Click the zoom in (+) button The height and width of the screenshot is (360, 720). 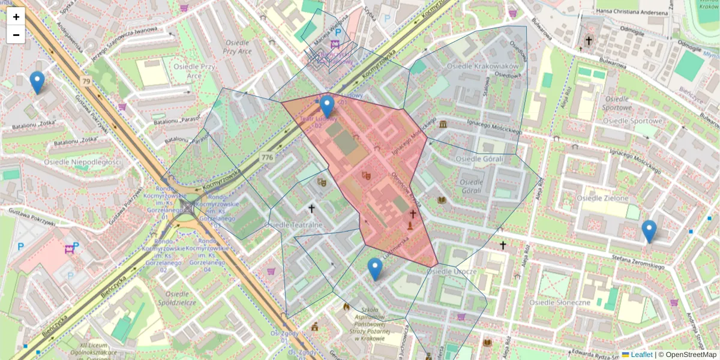[16, 17]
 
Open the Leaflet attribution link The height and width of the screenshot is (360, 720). [640, 355]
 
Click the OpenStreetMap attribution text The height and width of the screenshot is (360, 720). [691, 355]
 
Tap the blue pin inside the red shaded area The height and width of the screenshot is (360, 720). [327, 106]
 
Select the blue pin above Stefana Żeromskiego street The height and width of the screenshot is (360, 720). [649, 231]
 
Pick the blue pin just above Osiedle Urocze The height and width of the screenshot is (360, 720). [375, 269]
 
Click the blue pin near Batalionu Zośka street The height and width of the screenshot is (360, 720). [37, 82]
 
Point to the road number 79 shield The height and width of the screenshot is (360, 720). [86, 82]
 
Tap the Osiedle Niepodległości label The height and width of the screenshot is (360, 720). [82, 162]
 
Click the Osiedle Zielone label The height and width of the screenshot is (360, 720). [602, 198]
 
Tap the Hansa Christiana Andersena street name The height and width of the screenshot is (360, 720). [631, 13]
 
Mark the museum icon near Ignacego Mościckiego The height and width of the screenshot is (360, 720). [443, 124]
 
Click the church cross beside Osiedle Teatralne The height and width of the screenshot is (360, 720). [311, 209]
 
